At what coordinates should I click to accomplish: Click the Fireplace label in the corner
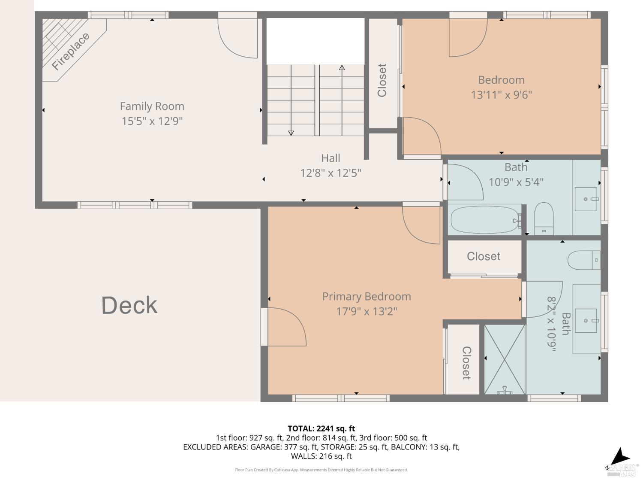coord(71,51)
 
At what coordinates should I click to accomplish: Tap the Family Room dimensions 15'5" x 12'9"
coord(152,121)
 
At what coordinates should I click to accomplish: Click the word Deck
coord(129,305)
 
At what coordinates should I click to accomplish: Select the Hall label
coord(331,158)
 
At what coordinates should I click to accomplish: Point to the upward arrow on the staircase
coord(342,68)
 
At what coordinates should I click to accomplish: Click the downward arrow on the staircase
coord(291,132)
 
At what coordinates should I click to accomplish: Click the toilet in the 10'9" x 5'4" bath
coord(544,218)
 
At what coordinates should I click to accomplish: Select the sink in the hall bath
coord(586,199)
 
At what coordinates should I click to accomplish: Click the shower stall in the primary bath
coord(505,359)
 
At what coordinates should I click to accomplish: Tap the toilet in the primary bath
coord(584,260)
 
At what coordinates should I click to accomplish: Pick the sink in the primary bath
coord(586,320)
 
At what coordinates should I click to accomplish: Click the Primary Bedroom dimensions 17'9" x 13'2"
coord(367,311)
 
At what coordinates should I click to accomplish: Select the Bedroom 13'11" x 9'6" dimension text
coord(501,95)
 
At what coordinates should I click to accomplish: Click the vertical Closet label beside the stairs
coord(382,80)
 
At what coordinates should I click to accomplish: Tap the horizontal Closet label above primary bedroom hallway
coord(484,256)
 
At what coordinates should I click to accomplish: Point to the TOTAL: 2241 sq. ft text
coord(321,428)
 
